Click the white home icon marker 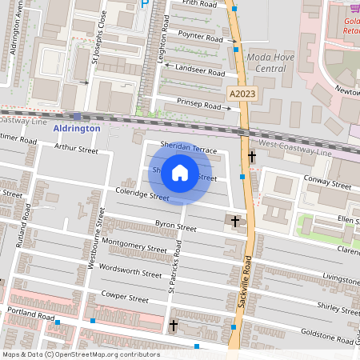(x=180, y=172)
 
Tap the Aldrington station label (x=77, y=128)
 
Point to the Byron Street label (x=175, y=227)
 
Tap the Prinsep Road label (x=199, y=105)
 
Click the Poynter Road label (x=202, y=38)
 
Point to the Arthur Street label (x=76, y=149)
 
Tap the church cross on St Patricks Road (x=174, y=325)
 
